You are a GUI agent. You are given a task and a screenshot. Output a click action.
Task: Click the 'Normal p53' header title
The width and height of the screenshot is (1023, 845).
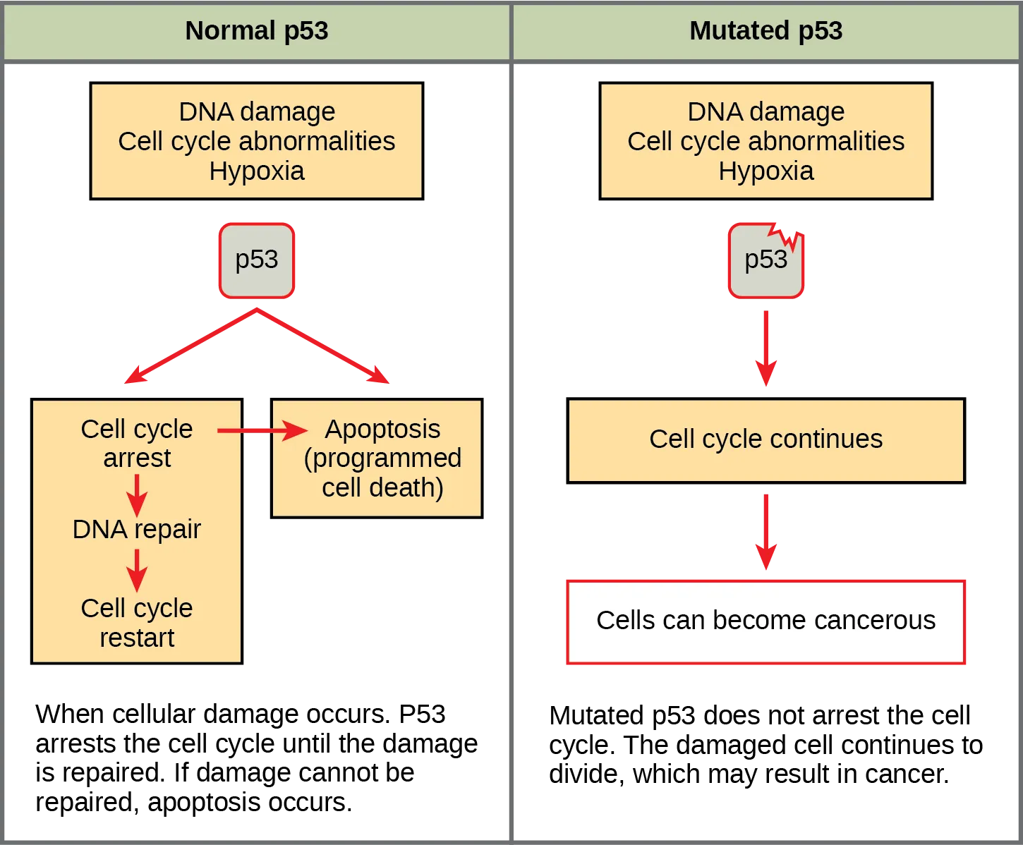[x=256, y=31]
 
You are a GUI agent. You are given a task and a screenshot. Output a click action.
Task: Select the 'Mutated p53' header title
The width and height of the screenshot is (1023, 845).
[x=765, y=31]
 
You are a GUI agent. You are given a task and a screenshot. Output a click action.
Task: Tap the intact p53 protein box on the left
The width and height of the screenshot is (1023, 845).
[x=256, y=260]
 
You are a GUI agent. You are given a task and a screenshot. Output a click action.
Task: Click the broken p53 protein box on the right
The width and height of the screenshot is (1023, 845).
[x=765, y=261]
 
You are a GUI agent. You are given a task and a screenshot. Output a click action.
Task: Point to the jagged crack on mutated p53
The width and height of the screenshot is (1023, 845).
[x=785, y=236]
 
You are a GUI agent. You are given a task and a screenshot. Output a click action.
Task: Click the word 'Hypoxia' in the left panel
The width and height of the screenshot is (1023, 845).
[x=256, y=171]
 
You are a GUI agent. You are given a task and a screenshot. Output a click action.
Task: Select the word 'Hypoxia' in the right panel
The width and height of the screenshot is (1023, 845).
[x=765, y=171]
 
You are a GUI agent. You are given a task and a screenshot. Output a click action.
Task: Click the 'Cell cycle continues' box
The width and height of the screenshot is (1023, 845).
[x=765, y=439]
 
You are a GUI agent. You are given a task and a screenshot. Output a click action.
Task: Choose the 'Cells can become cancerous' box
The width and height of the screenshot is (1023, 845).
[x=765, y=621]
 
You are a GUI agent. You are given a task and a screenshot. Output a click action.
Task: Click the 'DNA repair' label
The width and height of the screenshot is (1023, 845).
[x=137, y=529]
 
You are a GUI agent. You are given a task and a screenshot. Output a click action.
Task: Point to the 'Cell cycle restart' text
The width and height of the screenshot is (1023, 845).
[x=137, y=623]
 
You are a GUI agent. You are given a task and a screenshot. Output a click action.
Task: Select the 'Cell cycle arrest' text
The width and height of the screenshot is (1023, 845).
[x=137, y=444]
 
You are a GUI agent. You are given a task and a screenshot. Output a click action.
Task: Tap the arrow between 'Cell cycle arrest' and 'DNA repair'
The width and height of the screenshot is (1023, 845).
[x=137, y=494]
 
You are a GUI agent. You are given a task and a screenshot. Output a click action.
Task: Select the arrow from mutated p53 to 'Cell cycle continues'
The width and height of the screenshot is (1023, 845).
[x=766, y=349]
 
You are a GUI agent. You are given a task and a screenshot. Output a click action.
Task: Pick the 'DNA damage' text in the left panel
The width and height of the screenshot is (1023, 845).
[x=256, y=112]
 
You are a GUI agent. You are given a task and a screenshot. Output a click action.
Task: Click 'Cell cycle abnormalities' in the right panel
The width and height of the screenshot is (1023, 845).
[x=765, y=142]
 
